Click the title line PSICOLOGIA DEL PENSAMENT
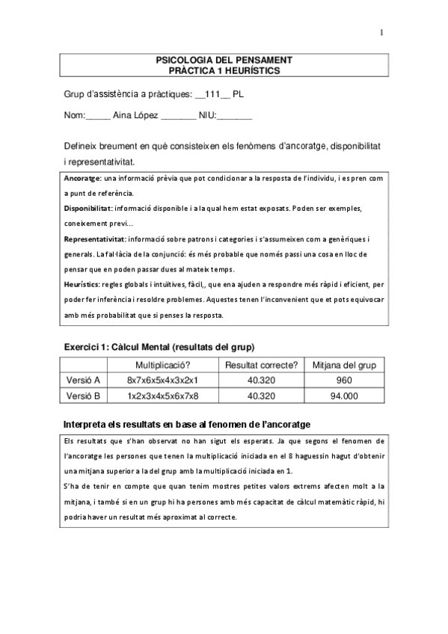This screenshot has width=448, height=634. point(224,59)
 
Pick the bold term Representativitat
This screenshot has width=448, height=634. point(94,239)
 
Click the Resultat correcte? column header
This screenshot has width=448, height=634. point(262,365)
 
